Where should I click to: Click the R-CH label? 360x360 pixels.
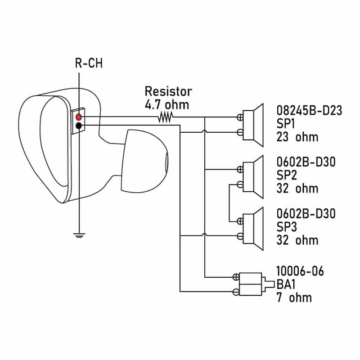click(89, 63)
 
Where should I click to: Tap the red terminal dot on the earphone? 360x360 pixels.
click(78, 117)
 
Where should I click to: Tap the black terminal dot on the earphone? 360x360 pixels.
click(78, 126)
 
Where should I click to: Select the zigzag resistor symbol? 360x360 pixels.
click(165, 117)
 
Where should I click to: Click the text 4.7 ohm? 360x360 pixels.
click(167, 105)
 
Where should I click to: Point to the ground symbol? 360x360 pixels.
click(79, 235)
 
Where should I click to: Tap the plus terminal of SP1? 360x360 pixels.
click(240, 117)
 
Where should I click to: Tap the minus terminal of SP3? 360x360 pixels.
click(240, 236)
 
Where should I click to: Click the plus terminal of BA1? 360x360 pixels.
click(236, 277)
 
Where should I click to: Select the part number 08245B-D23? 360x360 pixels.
click(309, 110)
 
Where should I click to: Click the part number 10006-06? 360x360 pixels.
click(300, 271)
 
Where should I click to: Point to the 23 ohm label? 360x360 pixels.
click(297, 137)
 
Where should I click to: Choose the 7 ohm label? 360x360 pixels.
click(294, 297)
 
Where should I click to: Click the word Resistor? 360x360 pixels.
click(168, 91)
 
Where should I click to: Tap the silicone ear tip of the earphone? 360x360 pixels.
click(144, 161)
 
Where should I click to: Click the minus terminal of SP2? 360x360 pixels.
click(240, 184)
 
